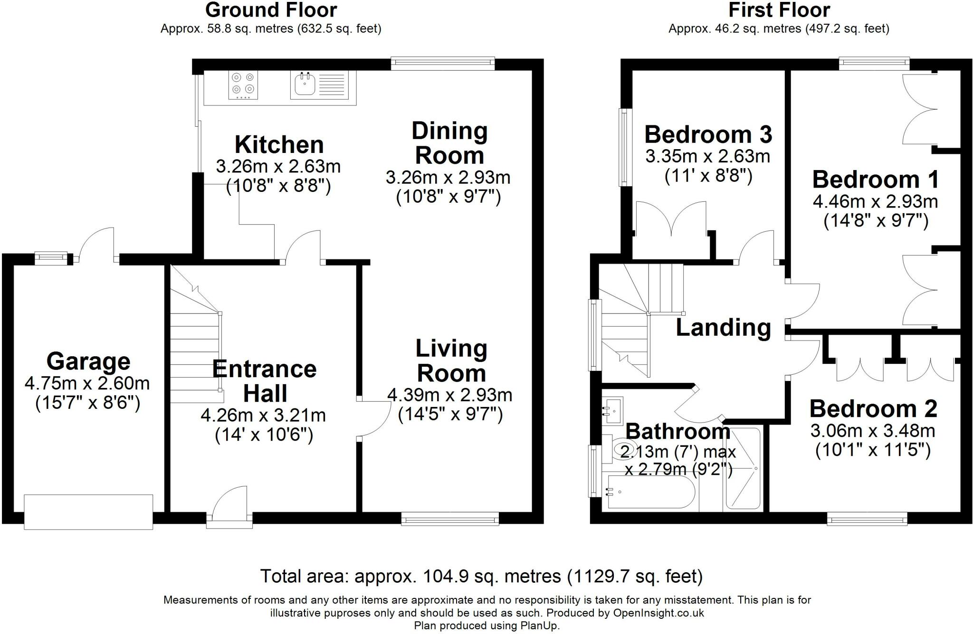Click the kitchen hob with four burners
pyautogui.click(x=243, y=85)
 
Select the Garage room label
pyautogui.click(x=88, y=361)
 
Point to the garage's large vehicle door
pyautogui.click(x=88, y=511)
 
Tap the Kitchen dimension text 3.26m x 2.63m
pyautogui.click(x=278, y=166)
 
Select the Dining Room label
pyautogui.click(x=449, y=143)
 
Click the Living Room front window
pyautogui.click(x=450, y=519)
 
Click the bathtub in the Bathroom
pyautogui.click(x=650, y=494)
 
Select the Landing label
pyautogui.click(x=723, y=328)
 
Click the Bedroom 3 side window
pyautogui.click(x=624, y=147)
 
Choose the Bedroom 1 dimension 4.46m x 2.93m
pyautogui.click(x=875, y=201)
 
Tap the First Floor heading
pyautogui.click(x=779, y=10)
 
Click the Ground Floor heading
pyautogui.click(x=271, y=10)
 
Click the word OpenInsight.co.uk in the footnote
pyautogui.click(x=658, y=613)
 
